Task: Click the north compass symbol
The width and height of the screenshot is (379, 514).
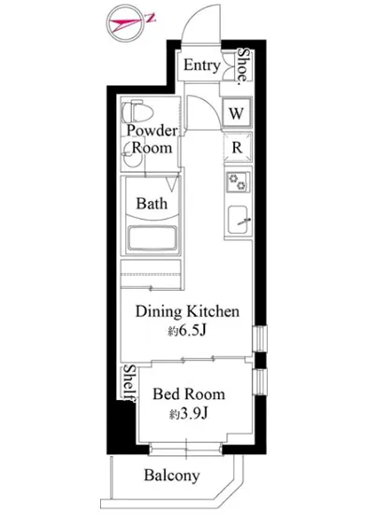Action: pyautogui.click(x=126, y=22)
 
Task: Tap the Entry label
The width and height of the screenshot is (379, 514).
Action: pyautogui.click(x=201, y=64)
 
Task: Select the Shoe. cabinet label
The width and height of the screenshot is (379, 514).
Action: pyautogui.click(x=243, y=65)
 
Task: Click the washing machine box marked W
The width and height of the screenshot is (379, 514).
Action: pyautogui.click(x=236, y=113)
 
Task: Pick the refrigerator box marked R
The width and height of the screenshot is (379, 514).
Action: pyautogui.click(x=238, y=148)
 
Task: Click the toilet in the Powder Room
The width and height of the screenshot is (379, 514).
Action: pyautogui.click(x=138, y=112)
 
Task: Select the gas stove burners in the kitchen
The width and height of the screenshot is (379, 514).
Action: pyautogui.click(x=237, y=182)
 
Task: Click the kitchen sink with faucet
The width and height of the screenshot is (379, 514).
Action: pyautogui.click(x=238, y=220)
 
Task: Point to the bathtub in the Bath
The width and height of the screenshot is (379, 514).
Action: pyautogui.click(x=152, y=237)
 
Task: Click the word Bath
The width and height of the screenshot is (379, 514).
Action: pyautogui.click(x=152, y=204)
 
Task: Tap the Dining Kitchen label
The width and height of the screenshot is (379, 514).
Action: pyautogui.click(x=187, y=311)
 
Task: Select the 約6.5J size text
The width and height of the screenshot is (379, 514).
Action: pyautogui.click(x=187, y=331)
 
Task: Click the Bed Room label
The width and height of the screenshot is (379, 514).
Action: pyautogui.click(x=189, y=393)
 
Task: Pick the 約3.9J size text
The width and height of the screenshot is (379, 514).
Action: pyautogui.click(x=189, y=414)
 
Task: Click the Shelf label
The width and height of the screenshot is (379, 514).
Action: pyautogui.click(x=129, y=383)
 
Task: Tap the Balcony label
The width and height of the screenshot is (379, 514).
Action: pyautogui.click(x=171, y=476)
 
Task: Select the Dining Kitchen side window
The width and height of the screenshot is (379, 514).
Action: pyautogui.click(x=260, y=339)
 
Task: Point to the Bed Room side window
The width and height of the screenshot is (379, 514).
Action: pyautogui.click(x=260, y=381)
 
